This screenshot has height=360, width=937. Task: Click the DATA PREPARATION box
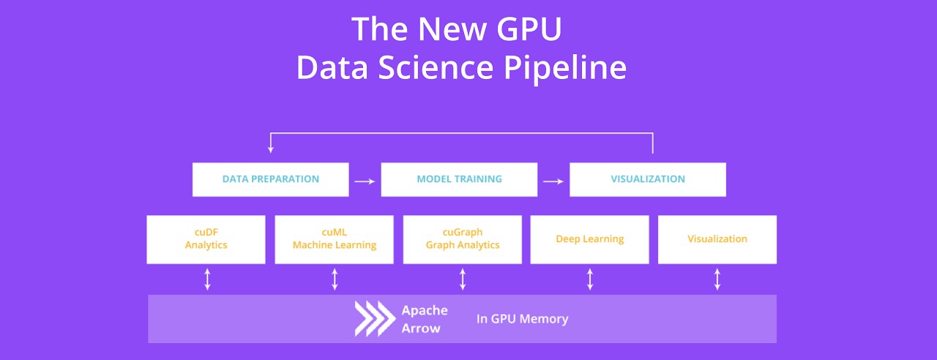[x=270, y=179]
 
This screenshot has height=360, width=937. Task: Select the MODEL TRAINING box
[x=459, y=179]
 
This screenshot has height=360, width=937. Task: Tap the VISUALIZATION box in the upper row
[x=648, y=179]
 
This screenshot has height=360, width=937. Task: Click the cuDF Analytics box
[x=206, y=239]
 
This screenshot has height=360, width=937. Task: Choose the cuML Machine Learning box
[x=334, y=239]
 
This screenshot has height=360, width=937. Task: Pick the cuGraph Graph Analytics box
[x=462, y=239]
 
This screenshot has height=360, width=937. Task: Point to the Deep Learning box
[x=589, y=239]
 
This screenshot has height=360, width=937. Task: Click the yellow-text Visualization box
[x=717, y=239]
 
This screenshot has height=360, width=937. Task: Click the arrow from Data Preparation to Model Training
[x=365, y=180]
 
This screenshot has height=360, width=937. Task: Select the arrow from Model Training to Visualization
[x=553, y=180]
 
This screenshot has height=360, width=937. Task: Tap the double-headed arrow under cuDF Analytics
[x=207, y=279]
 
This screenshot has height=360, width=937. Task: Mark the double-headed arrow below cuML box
[x=335, y=279]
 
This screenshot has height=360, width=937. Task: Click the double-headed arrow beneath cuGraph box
[x=463, y=279]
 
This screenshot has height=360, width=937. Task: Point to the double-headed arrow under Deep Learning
[x=590, y=279]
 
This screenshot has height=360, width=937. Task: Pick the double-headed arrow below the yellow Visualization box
[x=717, y=279]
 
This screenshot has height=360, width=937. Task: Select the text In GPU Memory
[x=522, y=319]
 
